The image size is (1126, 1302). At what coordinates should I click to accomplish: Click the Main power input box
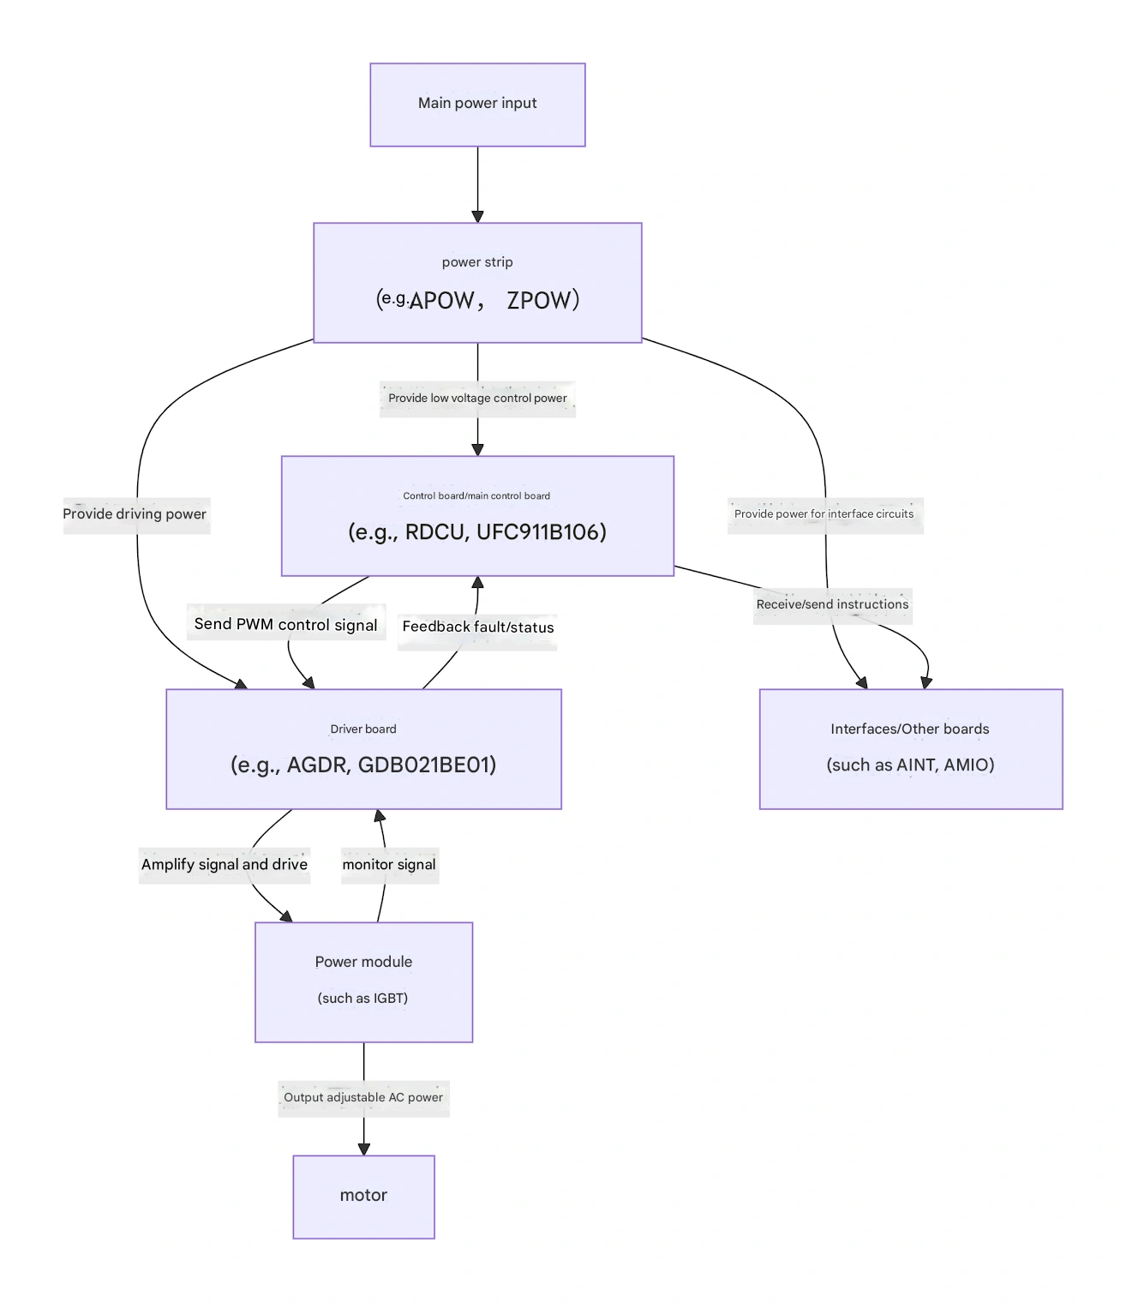pos(477,104)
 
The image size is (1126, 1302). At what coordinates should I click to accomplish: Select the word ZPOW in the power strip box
pos(537,300)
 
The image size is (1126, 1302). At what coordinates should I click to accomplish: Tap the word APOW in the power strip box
pos(441,300)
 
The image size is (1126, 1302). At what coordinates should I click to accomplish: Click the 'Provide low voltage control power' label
pos(477,399)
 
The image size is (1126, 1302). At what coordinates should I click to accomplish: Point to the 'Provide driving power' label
pos(135,514)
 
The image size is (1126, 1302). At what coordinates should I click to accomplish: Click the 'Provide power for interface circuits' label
pos(824,514)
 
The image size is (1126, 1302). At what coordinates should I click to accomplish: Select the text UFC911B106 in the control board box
pos(541,532)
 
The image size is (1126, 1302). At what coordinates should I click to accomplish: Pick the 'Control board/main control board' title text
pos(476,496)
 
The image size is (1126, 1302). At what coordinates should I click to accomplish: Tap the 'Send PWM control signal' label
pos(285,624)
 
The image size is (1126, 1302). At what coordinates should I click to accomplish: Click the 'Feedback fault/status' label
pos(477,627)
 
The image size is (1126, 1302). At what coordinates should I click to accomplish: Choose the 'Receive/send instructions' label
pos(832,604)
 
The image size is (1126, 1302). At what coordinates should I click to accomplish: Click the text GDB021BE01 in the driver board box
pos(427,765)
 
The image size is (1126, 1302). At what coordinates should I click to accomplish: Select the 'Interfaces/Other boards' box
pos(910,748)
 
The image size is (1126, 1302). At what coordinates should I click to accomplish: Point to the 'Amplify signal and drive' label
pos(224,865)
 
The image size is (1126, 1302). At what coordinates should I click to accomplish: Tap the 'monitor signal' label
pos(389,865)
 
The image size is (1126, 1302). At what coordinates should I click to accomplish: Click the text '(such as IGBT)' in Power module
pos(362,999)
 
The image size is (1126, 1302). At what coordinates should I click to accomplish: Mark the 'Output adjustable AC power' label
pos(363,1098)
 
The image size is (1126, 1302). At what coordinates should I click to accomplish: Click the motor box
pos(363,1196)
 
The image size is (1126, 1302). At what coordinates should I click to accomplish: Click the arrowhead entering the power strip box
pos(477,217)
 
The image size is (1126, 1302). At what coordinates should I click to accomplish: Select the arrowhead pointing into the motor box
pos(363,1149)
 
